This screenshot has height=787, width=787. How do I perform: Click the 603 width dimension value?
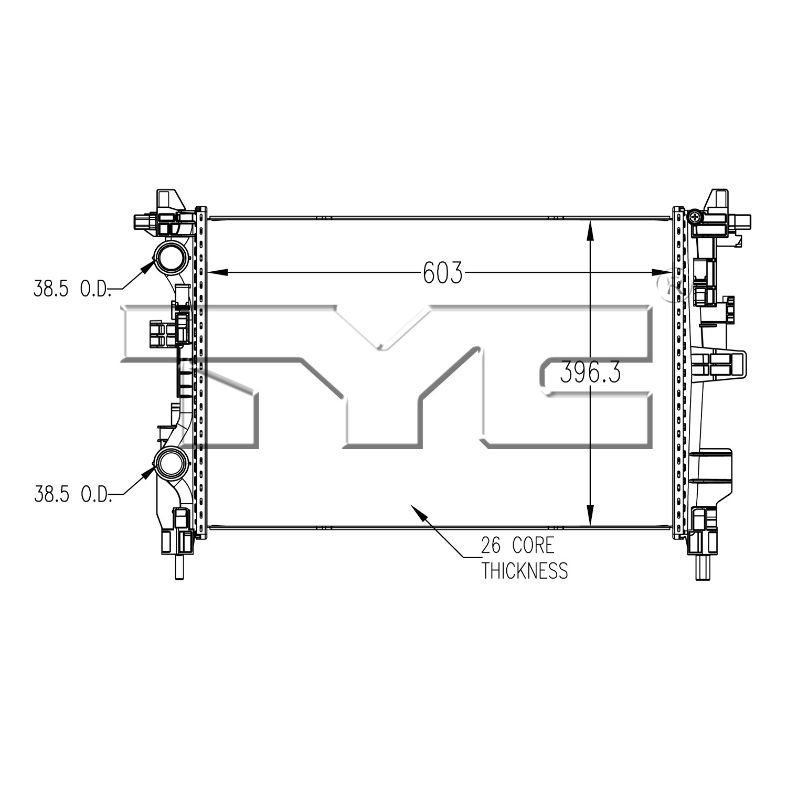[x=443, y=273]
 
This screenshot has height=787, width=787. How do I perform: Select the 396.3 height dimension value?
[x=590, y=373]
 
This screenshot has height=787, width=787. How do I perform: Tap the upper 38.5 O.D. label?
[x=72, y=289]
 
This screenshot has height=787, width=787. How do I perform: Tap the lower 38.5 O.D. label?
[x=72, y=494]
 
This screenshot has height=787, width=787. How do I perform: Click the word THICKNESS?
[x=525, y=570]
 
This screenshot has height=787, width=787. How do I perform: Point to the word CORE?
[x=533, y=546]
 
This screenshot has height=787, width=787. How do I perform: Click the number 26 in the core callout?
[x=492, y=546]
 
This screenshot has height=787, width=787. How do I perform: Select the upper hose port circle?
[x=169, y=257]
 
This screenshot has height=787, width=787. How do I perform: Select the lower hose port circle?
[x=169, y=462]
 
